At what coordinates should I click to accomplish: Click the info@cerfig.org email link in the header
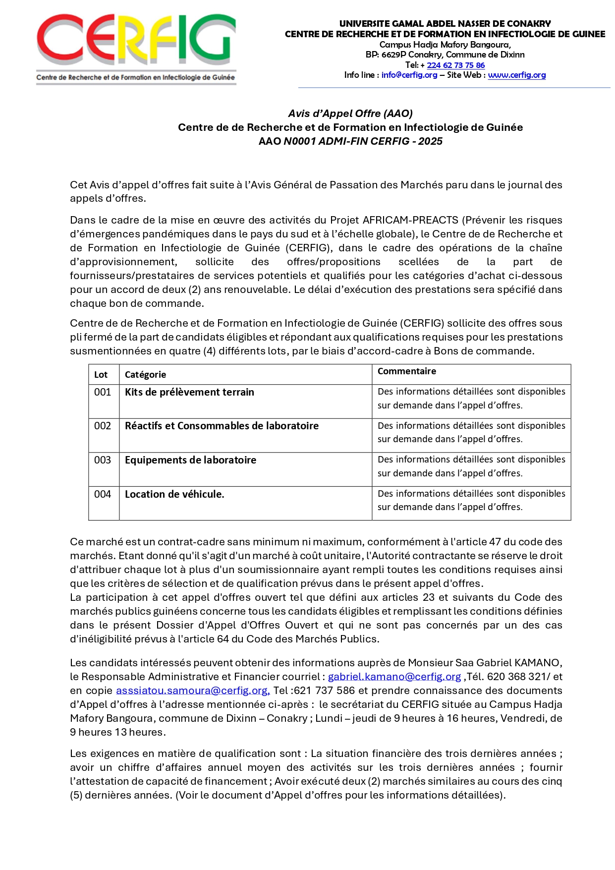(409, 75)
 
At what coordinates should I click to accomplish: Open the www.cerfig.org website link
(517, 75)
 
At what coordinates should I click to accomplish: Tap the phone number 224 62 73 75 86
(456, 65)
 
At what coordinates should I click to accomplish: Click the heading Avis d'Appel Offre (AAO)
(350, 114)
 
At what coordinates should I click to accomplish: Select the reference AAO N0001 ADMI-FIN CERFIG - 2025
(350, 141)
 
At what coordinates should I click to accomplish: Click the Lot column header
(101, 375)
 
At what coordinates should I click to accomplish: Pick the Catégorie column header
(145, 375)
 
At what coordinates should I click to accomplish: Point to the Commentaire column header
(407, 371)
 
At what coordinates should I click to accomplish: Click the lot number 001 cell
(103, 392)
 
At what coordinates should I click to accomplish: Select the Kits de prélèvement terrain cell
(189, 392)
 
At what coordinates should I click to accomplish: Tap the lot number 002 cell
(103, 426)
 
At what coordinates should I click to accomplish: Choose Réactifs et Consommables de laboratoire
(222, 426)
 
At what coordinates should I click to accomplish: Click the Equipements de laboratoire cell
(190, 460)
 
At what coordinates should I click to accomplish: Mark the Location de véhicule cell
(174, 494)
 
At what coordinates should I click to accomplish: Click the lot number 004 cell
(103, 494)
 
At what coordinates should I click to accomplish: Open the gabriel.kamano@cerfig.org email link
(394, 677)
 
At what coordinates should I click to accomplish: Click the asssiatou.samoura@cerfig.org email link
(193, 691)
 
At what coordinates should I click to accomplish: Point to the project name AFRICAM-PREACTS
(410, 220)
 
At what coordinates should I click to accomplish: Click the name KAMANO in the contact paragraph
(537, 663)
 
